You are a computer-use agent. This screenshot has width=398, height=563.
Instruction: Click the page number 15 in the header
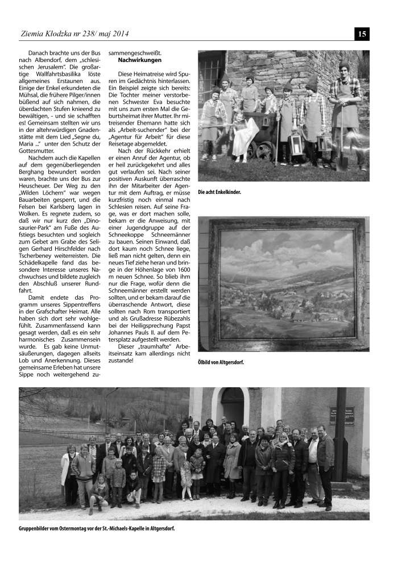[362, 34]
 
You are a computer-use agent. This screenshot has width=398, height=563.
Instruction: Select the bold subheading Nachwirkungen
[139, 60]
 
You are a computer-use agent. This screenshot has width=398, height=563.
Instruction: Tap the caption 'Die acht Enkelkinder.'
[219, 192]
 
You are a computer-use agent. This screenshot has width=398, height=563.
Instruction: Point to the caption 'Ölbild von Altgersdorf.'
[221, 361]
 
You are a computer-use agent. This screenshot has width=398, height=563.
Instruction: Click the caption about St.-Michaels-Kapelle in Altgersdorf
[97, 528]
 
